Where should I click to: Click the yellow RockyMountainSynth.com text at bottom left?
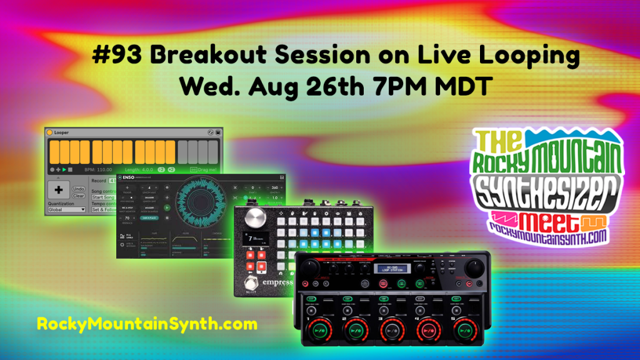(147, 324)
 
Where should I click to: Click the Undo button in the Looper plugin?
(79, 189)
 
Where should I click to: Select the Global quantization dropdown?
(67, 210)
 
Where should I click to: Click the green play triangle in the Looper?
(64, 169)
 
